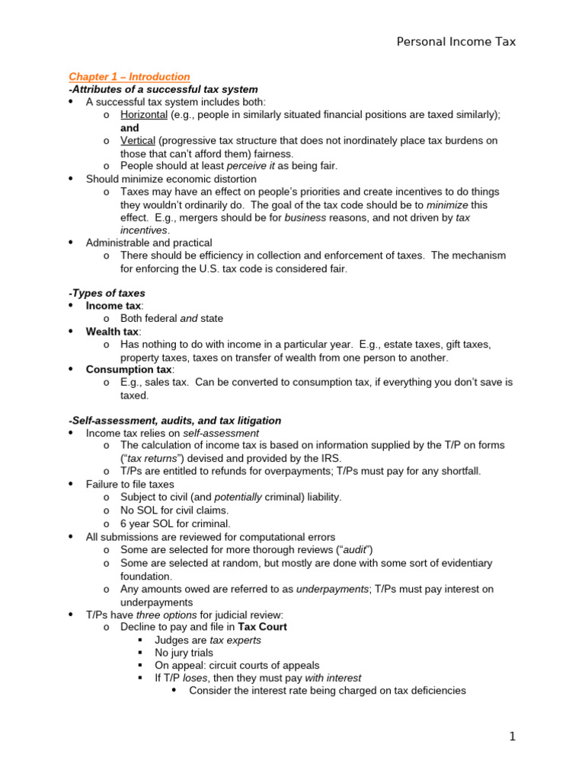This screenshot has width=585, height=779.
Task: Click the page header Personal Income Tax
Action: [456, 42]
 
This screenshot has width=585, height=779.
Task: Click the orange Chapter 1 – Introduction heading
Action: [129, 77]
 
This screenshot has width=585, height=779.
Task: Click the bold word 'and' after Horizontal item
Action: [129, 128]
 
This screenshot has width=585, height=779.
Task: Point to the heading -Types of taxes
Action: [107, 293]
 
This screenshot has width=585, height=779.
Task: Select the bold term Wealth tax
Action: [113, 332]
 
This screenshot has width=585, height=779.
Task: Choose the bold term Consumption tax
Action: [129, 370]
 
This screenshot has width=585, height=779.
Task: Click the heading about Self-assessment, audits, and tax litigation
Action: [174, 420]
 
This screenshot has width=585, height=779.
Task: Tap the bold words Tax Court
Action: [262, 627]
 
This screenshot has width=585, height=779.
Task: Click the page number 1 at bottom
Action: [513, 736]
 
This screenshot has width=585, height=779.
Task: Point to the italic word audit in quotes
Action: [381, 550]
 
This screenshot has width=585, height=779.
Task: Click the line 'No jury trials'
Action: [184, 653]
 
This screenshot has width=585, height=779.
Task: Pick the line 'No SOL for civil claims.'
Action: [174, 510]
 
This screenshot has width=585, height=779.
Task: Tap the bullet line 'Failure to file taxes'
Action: [129, 484]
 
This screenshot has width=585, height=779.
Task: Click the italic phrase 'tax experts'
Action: [235, 640]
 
